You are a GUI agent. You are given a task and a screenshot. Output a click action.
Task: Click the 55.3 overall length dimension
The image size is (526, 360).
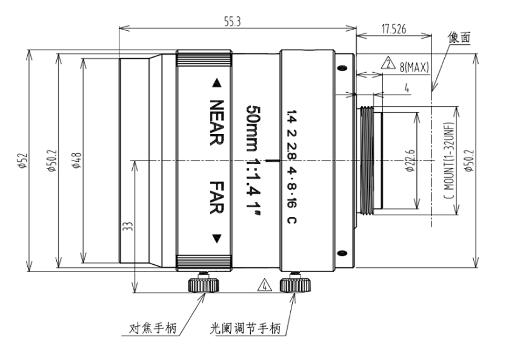(x=233, y=22)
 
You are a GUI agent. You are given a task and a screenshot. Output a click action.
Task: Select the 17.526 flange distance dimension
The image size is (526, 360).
(x=393, y=29)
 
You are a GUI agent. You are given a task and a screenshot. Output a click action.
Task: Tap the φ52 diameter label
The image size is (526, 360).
(x=22, y=161)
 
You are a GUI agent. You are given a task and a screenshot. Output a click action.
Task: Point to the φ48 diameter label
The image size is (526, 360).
(x=77, y=161)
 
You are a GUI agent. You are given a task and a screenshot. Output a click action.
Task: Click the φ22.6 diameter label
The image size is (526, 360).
(x=410, y=161)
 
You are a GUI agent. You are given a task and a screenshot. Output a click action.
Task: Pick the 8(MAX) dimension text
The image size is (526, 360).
(x=414, y=67)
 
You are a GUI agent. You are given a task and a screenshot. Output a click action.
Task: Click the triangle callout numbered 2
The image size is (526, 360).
(x=388, y=63)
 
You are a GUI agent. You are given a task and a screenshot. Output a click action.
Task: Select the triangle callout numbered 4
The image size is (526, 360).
(x=265, y=285)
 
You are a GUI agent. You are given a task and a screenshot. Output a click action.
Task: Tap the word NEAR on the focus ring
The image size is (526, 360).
(x=217, y=122)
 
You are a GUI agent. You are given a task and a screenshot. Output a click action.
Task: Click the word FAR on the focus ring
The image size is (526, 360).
(x=217, y=198)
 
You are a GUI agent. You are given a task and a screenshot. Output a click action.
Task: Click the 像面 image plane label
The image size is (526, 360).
(x=459, y=38)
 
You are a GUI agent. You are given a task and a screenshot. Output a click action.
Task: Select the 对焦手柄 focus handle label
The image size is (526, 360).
(x=153, y=328)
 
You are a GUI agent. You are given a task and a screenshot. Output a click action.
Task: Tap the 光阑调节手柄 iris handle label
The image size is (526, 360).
(x=245, y=328)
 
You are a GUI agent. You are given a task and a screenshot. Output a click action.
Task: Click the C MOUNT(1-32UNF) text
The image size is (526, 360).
(x=450, y=161)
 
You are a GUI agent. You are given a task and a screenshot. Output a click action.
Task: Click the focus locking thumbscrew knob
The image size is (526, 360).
(x=204, y=284)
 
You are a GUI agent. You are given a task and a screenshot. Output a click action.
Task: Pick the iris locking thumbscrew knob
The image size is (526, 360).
(x=295, y=284)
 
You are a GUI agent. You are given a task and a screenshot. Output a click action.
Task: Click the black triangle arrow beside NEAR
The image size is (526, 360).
(x=217, y=83)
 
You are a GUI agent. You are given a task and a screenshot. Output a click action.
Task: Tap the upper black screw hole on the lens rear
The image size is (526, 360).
(x=342, y=68)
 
